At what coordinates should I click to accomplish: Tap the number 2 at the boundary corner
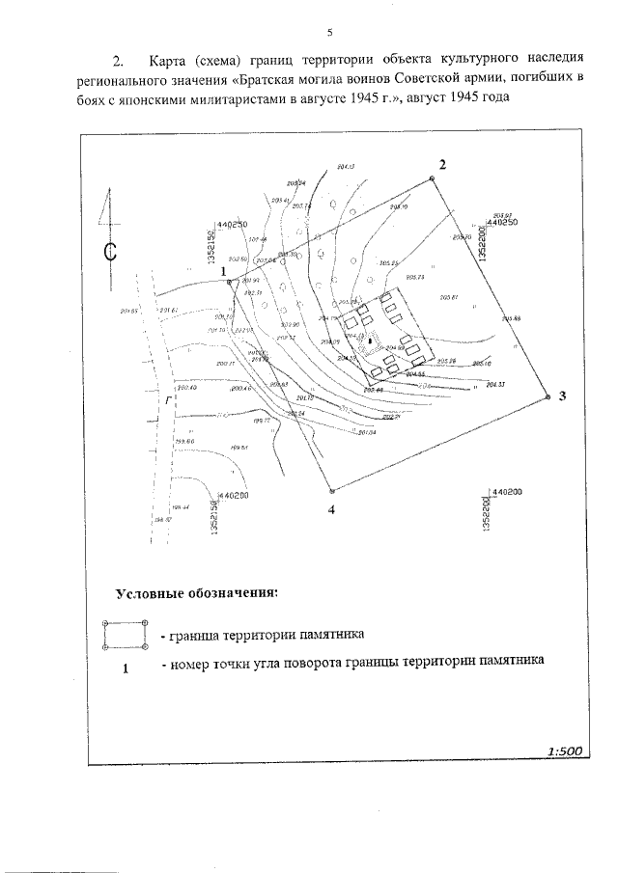coord(441,164)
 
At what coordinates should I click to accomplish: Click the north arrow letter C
coord(110,253)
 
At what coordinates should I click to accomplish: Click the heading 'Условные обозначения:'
coord(196,592)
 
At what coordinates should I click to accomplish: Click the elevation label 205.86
coord(511,319)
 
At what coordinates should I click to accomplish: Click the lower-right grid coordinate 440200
coord(505,492)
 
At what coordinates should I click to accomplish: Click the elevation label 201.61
coord(167,310)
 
